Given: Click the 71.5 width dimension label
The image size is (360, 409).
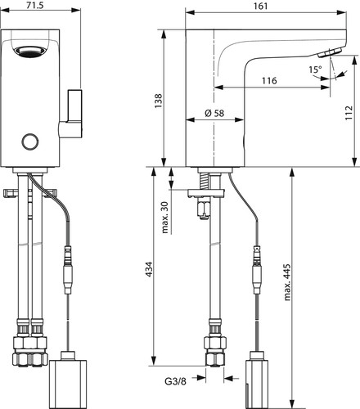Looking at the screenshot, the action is (x=35, y=5).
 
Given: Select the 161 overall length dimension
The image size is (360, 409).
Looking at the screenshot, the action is (x=261, y=6).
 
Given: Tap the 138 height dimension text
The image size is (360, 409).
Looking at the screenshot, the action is (x=158, y=101).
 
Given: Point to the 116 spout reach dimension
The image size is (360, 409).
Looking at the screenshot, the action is (x=269, y=81).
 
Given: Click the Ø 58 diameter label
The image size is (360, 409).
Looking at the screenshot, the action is (x=214, y=113).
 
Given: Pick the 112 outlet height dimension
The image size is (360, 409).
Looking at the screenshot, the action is (x=349, y=113).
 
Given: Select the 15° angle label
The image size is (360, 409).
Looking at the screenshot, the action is (x=315, y=70).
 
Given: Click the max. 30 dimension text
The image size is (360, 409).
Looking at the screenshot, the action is (x=165, y=218).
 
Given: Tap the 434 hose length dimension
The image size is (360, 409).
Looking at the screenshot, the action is (x=149, y=269).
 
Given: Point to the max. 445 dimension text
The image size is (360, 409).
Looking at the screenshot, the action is (x=287, y=282).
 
